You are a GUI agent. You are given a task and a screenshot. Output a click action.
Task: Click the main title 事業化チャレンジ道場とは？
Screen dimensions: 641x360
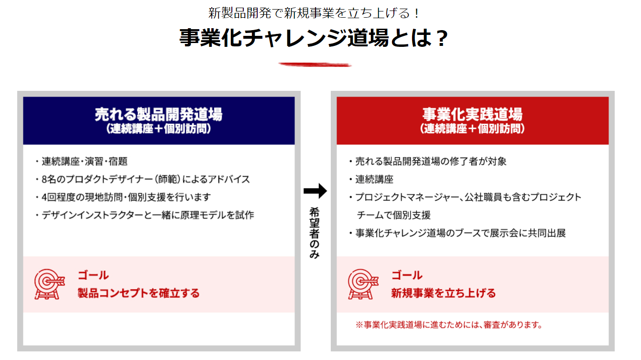tap(314, 38)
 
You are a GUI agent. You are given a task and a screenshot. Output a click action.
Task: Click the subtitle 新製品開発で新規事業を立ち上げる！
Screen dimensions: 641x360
tap(314, 13)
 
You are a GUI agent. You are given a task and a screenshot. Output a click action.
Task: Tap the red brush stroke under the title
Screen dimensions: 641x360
tap(315, 65)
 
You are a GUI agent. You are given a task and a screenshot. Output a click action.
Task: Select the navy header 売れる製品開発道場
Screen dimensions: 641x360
tap(159, 115)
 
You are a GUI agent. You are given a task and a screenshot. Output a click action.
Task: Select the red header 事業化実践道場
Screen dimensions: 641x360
tap(472, 115)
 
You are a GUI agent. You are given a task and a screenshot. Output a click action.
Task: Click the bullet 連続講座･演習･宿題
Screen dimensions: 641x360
tap(84, 162)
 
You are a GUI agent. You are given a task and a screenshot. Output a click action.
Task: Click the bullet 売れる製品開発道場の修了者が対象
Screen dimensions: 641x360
tap(430, 162)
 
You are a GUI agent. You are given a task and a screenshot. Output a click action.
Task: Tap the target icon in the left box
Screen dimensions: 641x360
tap(48, 284)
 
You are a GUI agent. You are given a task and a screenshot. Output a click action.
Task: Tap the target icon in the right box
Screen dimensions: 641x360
tap(362, 284)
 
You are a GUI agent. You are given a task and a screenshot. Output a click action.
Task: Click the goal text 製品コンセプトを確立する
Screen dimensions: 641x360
tap(139, 293)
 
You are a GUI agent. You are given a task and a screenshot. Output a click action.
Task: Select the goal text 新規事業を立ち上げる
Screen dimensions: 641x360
tap(444, 293)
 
